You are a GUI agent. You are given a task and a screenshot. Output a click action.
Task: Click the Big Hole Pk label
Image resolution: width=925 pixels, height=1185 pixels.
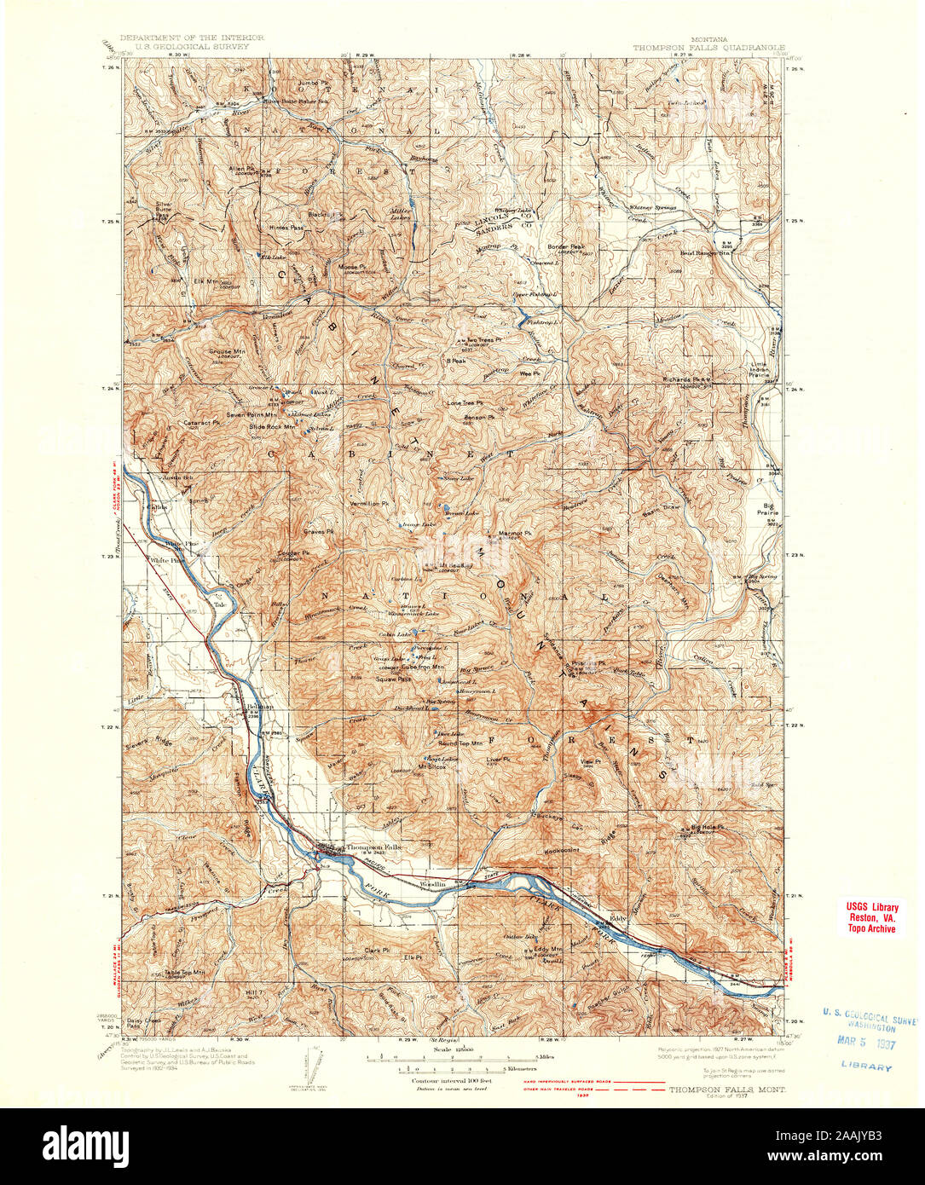point(707,827)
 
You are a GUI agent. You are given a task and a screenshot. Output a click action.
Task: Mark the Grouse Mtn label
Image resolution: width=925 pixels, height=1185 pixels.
point(227,350)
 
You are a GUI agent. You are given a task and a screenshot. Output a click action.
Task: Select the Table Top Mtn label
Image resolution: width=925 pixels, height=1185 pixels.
point(186,971)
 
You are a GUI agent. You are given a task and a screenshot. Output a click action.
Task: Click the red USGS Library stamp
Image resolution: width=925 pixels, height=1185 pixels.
point(871,917)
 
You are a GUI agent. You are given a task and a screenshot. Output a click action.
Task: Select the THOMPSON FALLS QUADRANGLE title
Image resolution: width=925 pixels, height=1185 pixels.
point(709,49)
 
